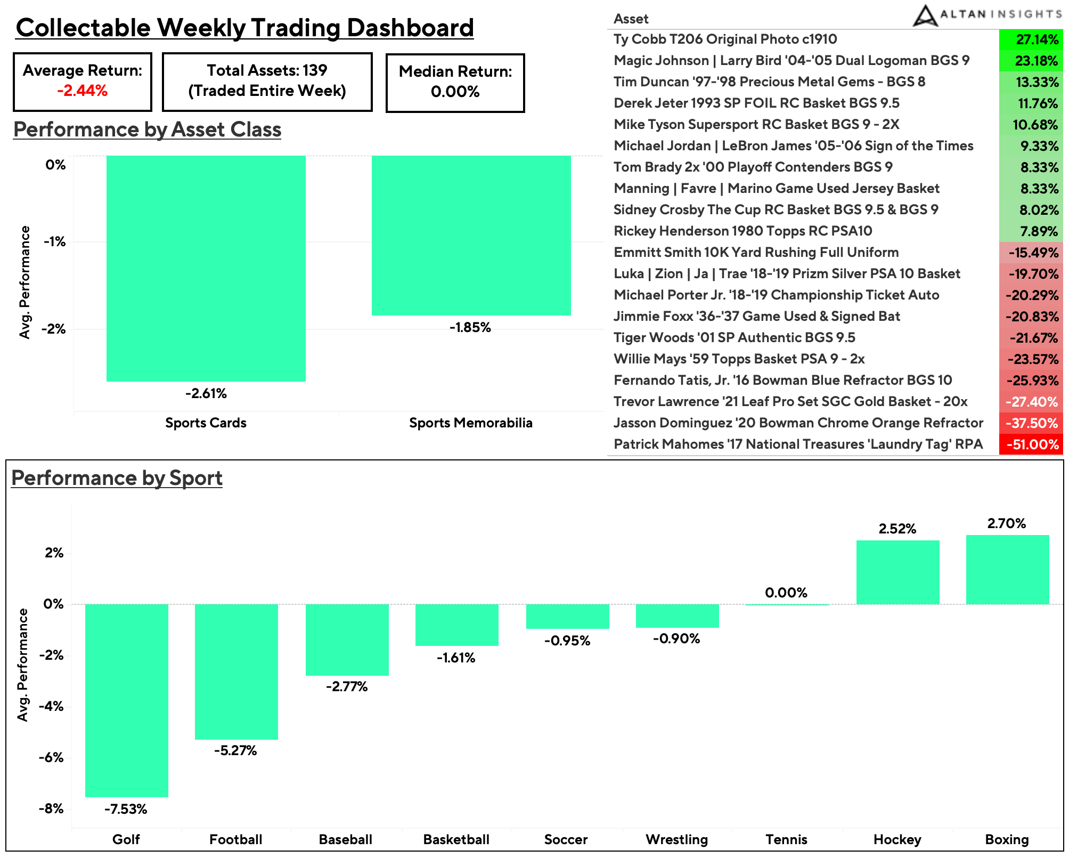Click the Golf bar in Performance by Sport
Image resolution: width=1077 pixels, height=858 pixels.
(127, 700)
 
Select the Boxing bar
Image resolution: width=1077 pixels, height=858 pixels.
(1007, 570)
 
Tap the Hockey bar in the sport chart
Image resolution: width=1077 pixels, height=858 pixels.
(897, 572)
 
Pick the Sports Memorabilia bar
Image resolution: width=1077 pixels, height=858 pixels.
(471, 235)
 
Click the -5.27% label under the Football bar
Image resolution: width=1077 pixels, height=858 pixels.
(235, 750)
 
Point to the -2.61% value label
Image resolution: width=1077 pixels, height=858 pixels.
(206, 393)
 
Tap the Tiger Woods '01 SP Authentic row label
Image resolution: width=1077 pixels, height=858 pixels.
(734, 337)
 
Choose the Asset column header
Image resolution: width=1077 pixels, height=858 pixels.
(631, 19)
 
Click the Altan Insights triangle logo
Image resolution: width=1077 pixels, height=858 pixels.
(925, 16)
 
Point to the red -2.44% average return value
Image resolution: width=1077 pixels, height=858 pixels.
(83, 91)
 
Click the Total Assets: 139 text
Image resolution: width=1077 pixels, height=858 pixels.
(267, 70)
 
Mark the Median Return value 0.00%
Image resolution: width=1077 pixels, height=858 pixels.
(455, 92)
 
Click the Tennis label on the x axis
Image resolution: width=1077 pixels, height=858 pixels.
(786, 839)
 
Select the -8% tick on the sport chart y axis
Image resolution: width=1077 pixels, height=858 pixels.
(51, 808)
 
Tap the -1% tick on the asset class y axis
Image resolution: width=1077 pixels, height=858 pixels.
(55, 241)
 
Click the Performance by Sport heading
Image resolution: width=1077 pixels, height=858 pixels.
(117, 477)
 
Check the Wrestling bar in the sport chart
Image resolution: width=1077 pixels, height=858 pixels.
(677, 616)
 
